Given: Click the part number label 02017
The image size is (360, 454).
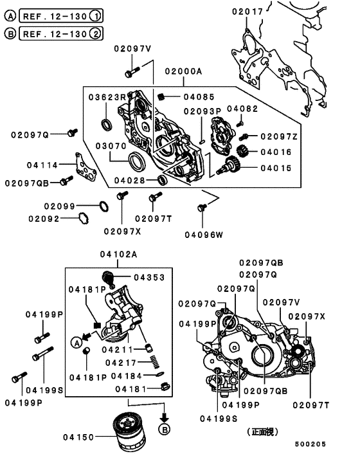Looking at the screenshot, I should pos(248,11).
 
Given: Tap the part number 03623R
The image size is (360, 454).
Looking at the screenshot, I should pos(107,97).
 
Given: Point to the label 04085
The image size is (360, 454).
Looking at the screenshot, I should pos(196,97).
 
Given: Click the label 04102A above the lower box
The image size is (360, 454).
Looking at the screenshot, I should pos(118,255).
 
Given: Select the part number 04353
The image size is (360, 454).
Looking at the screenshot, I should pos(149,277).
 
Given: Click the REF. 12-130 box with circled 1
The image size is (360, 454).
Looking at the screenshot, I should pos(62,14).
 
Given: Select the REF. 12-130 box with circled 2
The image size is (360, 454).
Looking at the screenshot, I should pos(62,33).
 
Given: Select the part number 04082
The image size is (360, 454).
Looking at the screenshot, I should pos(242,109).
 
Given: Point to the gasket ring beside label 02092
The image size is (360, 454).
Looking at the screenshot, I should pos(82,219).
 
